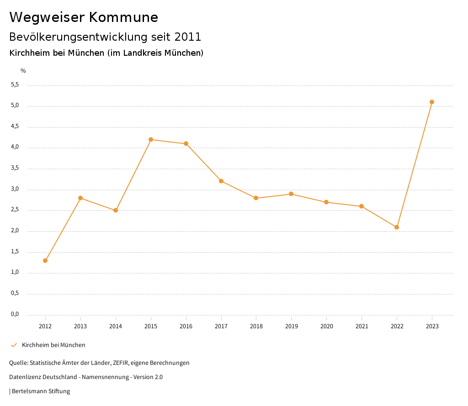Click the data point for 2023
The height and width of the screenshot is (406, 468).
432,102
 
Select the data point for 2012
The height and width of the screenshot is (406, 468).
45,261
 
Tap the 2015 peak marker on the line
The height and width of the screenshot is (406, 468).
151,139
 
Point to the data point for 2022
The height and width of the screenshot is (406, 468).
397,227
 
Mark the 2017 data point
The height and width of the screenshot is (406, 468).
221,181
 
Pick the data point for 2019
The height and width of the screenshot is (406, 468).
291,194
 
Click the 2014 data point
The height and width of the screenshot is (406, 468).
116,210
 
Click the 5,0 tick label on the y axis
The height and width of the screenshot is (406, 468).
15,105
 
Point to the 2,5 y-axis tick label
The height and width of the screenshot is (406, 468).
15,209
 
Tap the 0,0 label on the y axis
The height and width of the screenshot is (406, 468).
15,314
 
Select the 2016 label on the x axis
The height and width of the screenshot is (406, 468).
186,326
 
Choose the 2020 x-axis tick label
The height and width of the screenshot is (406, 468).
326,326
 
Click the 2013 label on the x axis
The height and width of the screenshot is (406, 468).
80,326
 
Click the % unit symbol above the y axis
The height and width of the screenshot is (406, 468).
23,70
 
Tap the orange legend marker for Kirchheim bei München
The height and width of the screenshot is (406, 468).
14,345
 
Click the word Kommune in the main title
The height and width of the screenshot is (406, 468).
123,17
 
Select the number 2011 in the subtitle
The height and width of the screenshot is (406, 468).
188,37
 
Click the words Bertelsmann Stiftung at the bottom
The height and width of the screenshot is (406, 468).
41,391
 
